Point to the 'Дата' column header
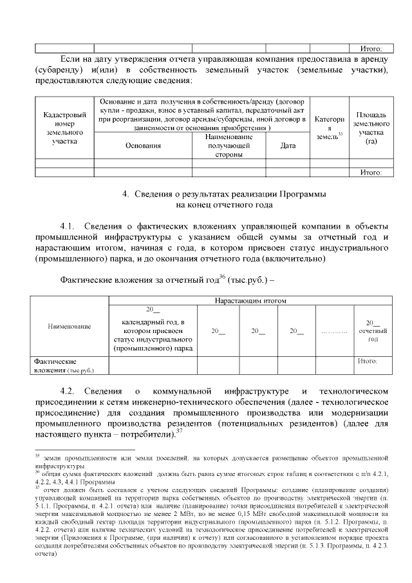point(288,146)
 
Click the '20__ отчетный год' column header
point(372,330)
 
